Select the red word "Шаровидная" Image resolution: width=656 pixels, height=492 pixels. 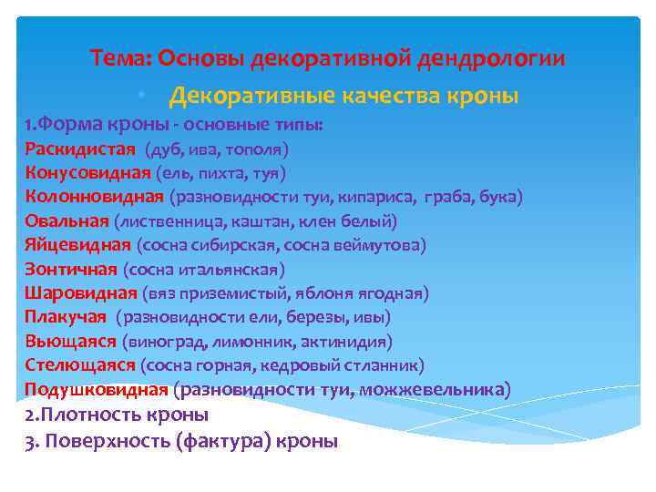tap(81, 293)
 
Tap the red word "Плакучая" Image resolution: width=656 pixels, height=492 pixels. tap(67, 317)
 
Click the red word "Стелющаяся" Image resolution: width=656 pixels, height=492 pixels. tap(80, 365)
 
